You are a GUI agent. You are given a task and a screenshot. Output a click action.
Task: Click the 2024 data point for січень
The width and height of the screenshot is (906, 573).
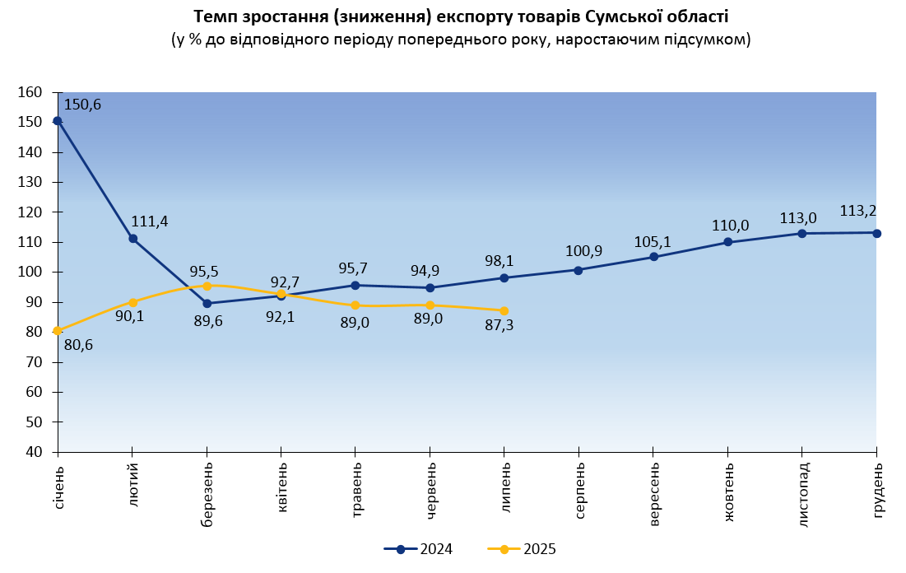(x=58, y=120)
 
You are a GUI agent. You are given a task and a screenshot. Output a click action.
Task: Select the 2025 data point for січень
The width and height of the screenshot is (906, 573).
(x=58, y=331)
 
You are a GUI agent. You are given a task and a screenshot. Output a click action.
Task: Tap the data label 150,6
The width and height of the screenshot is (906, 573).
(x=81, y=105)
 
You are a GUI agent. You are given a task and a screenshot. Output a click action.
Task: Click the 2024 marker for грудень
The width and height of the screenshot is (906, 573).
(x=876, y=233)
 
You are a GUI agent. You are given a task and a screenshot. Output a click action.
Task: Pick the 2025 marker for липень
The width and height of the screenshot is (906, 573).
(x=504, y=310)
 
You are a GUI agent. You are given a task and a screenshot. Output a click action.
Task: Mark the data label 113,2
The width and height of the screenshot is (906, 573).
(x=857, y=211)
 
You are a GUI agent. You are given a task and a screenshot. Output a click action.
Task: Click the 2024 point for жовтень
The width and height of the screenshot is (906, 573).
(x=728, y=242)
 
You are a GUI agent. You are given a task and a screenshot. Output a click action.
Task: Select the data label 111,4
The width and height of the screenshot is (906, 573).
(x=149, y=221)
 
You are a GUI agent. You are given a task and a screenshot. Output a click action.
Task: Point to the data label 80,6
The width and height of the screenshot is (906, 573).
(x=78, y=345)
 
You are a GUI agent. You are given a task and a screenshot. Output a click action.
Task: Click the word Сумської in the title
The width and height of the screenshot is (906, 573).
(x=615, y=16)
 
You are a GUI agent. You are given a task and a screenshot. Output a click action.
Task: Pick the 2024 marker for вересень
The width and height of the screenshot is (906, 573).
(x=654, y=257)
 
